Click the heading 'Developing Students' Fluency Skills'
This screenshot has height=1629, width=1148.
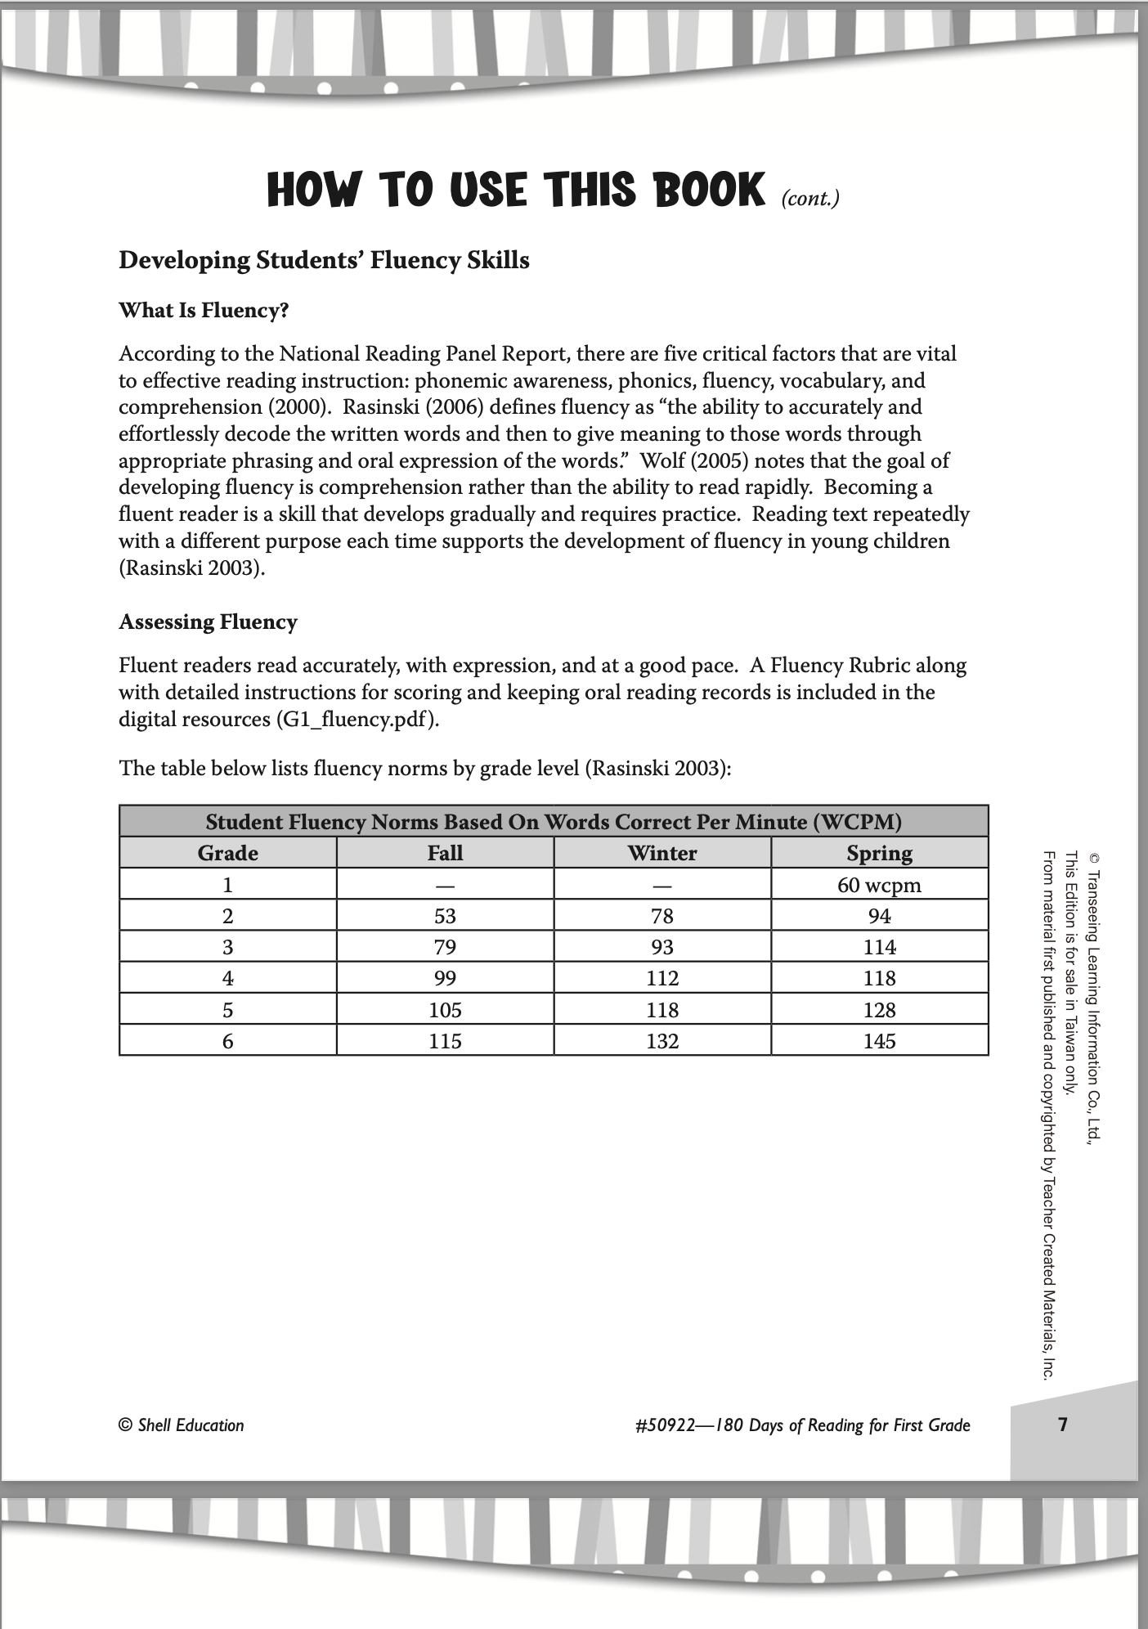(324, 261)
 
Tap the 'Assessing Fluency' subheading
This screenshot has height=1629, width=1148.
(208, 622)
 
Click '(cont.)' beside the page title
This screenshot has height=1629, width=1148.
(809, 198)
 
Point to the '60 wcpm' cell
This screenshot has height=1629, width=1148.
(879, 885)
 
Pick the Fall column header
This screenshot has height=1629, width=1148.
(445, 853)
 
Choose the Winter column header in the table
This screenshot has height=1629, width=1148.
(662, 853)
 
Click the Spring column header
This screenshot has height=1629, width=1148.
(879, 853)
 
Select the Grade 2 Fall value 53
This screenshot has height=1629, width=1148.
(445, 916)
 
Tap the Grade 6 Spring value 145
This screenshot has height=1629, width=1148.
(879, 1041)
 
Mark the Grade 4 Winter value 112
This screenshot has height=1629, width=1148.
(662, 978)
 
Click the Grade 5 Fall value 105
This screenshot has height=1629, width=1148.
(445, 1010)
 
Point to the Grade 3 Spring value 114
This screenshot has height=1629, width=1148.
(879, 947)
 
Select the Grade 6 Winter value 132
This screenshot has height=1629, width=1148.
(662, 1041)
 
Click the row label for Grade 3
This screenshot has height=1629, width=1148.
(227, 947)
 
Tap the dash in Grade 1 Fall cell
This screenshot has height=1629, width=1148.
(445, 886)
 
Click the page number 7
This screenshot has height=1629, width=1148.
(1062, 1425)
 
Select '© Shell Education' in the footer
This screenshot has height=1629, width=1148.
(182, 1425)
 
